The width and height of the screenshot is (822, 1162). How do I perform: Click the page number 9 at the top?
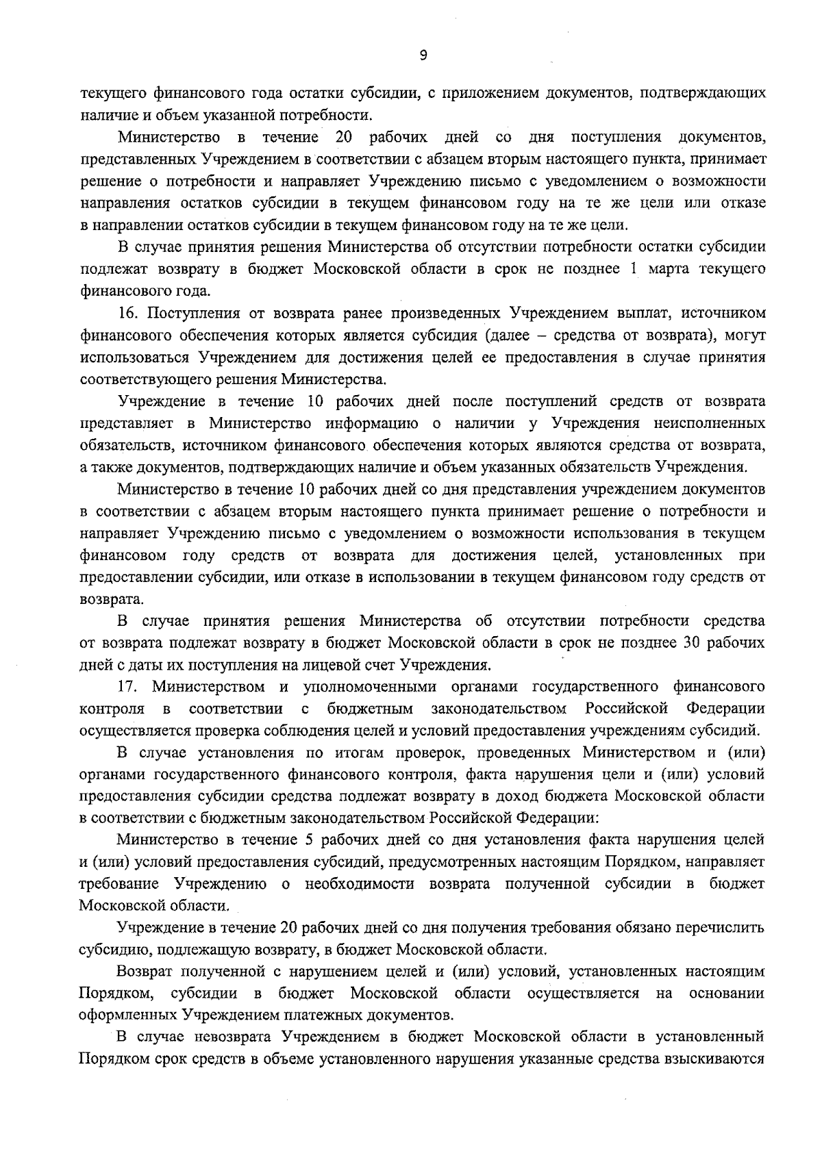423,56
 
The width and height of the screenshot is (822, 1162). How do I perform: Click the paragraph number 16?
128,314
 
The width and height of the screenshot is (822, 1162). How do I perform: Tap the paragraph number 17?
128,686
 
